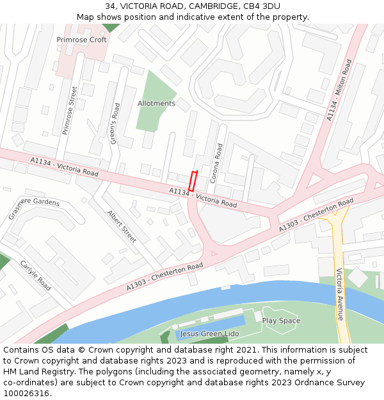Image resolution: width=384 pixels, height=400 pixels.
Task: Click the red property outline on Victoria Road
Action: [x=194, y=180]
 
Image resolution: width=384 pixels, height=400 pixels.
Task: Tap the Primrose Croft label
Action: [x=81, y=40]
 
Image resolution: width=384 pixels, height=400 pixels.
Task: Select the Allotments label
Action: [x=156, y=103]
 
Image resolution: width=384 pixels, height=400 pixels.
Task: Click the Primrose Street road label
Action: [x=70, y=110]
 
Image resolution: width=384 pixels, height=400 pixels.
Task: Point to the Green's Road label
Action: [x=115, y=123]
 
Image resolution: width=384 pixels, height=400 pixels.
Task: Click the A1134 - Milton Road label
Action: [x=340, y=90]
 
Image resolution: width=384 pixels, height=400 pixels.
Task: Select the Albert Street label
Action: [x=122, y=227]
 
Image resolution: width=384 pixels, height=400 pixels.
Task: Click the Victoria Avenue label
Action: [x=340, y=294]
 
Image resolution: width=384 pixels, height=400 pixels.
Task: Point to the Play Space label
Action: [x=281, y=321]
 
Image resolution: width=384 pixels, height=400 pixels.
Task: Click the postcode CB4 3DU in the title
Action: [x=262, y=6]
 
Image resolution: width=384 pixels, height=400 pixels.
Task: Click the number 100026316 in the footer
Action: [x=26, y=393]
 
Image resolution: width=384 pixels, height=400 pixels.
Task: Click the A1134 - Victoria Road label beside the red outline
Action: [x=203, y=197]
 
